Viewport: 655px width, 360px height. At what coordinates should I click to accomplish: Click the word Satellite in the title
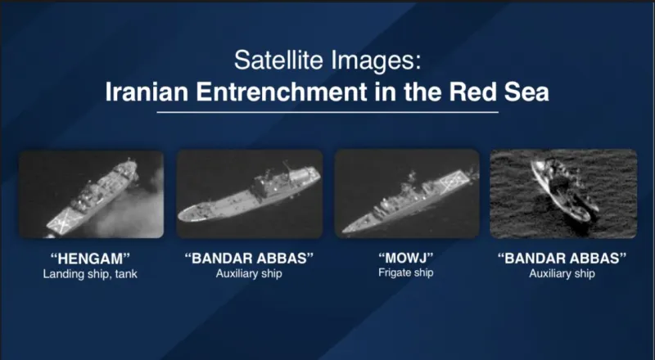279,61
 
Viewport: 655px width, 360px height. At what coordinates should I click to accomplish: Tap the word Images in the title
373,61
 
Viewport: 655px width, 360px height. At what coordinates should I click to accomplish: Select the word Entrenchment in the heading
282,92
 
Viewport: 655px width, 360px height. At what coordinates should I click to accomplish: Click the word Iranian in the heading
147,92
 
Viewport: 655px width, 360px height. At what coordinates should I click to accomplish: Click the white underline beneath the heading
327,112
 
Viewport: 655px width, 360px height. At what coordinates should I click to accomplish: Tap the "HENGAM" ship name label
90,259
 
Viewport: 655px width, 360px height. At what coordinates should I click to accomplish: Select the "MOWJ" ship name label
405,258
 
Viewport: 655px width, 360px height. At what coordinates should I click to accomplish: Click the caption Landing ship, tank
90,274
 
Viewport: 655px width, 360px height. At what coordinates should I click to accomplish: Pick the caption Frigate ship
405,273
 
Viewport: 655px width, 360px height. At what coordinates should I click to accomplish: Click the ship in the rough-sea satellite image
564,190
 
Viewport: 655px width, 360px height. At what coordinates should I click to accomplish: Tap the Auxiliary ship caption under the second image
249,274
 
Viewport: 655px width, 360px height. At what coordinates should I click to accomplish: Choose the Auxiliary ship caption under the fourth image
562,274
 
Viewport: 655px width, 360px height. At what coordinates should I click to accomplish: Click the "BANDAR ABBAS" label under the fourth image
562,259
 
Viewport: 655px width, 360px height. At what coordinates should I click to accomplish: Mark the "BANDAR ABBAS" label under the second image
249,259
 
